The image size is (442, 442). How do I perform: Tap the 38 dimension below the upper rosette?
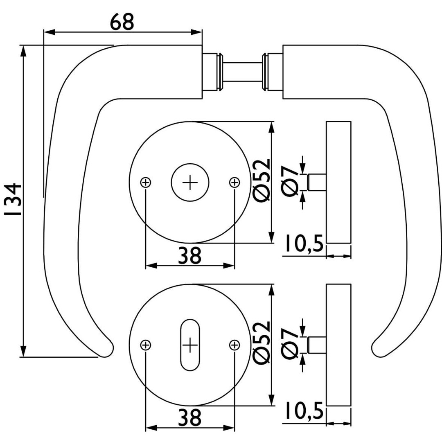[x=190, y=256]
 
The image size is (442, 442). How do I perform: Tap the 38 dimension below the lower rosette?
[x=190, y=418]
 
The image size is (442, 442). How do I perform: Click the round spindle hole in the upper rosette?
[x=190, y=183]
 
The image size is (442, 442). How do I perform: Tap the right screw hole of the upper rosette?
[x=234, y=183]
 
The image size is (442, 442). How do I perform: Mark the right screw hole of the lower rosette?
[x=234, y=345]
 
